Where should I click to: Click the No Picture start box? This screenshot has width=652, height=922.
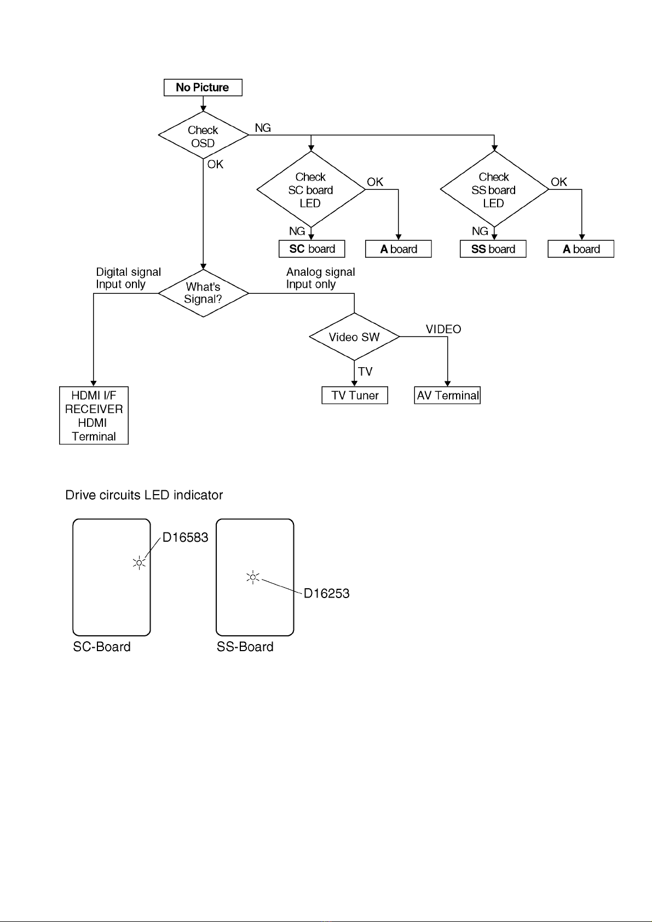click(x=203, y=87)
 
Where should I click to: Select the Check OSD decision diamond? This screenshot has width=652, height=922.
click(x=204, y=135)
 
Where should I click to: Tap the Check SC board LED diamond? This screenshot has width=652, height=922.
click(x=311, y=189)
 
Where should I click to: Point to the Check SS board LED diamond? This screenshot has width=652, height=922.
click(x=494, y=189)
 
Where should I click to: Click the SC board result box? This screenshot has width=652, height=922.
click(x=312, y=249)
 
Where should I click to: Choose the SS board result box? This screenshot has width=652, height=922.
click(x=493, y=249)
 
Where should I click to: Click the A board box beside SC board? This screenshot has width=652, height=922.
click(x=399, y=249)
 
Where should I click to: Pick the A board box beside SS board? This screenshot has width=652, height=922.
click(x=581, y=249)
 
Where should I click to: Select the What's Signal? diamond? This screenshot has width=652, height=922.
click(x=204, y=293)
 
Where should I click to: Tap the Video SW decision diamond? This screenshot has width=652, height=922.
click(x=354, y=337)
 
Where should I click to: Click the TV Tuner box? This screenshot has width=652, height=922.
click(x=355, y=395)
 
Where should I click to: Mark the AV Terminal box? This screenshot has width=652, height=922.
click(x=447, y=395)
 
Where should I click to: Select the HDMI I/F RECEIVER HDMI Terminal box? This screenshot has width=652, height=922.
click(x=94, y=415)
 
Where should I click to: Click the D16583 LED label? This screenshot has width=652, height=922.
click(x=186, y=537)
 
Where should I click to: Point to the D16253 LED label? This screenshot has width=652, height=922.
click(x=326, y=593)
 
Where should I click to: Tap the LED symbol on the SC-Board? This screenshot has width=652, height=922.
click(x=139, y=563)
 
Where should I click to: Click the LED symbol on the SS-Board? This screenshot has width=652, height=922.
click(x=253, y=577)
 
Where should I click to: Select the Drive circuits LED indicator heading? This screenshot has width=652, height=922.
click(x=144, y=495)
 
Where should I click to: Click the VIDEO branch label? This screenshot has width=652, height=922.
click(x=443, y=329)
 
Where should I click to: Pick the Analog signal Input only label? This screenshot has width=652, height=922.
click(x=320, y=278)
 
